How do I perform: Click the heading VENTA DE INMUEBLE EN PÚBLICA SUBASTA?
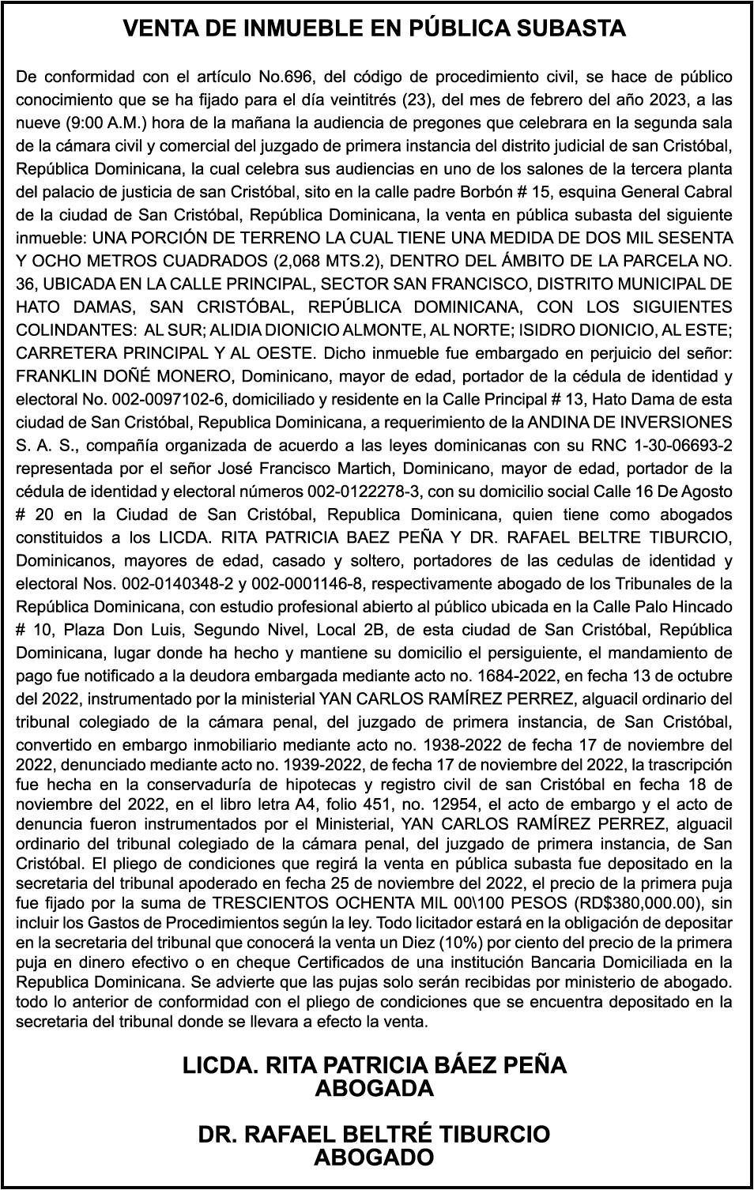(375, 29)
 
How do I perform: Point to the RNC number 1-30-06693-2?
(678, 445)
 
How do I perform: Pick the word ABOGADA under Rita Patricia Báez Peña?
(375, 1089)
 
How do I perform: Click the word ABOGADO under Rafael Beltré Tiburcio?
(375, 1158)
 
